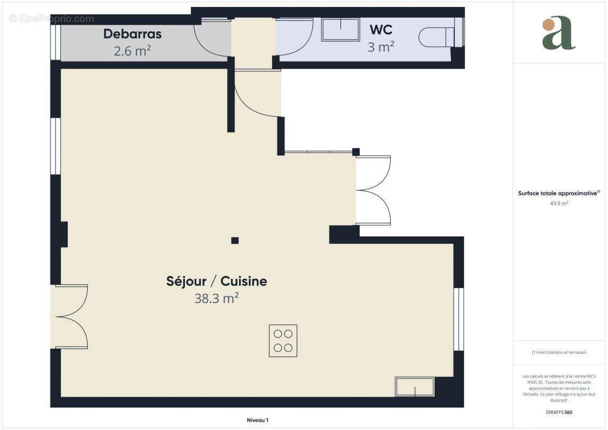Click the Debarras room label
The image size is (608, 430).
click(132, 34)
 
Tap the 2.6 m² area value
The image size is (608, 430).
click(132, 51)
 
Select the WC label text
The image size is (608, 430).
click(381, 30)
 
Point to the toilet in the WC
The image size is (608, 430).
click(436, 37)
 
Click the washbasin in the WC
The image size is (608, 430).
click(340, 30)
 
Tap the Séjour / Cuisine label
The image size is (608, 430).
click(216, 281)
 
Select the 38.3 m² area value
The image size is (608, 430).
click(216, 298)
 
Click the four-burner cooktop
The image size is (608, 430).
click(283, 341)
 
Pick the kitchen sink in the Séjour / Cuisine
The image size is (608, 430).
click(414, 386)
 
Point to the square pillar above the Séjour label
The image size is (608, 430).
click(234, 240)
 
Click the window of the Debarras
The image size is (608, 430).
click(55, 42)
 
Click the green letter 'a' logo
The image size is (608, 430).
click(559, 33)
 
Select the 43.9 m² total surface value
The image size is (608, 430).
click(559, 203)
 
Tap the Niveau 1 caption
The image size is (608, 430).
click(257, 420)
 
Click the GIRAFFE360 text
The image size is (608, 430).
click(559, 412)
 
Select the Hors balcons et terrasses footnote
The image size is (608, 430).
click(559, 353)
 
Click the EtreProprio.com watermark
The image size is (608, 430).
click(51, 18)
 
